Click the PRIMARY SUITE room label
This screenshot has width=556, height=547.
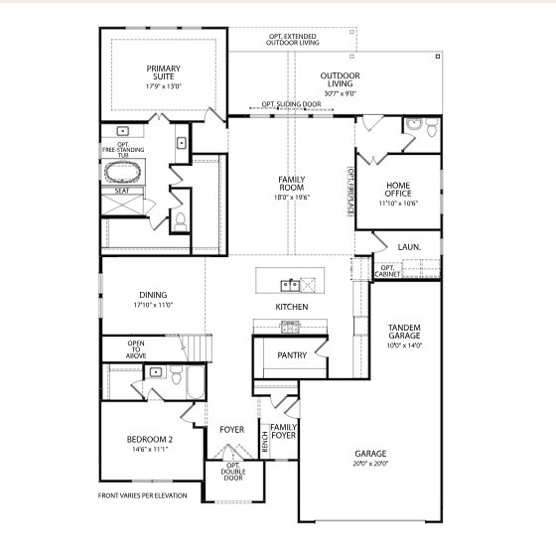pyautogui.click(x=164, y=73)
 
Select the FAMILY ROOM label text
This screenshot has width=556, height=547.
pyautogui.click(x=291, y=184)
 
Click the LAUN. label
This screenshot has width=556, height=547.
pyautogui.click(x=408, y=246)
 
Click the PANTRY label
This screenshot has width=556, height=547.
pyautogui.click(x=292, y=354)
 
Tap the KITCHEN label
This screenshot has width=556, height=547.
pyautogui.click(x=292, y=307)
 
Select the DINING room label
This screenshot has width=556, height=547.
pyautogui.click(x=153, y=295)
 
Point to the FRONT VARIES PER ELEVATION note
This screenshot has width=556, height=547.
pyautogui.click(x=142, y=495)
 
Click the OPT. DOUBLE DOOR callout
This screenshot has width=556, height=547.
pyautogui.click(x=234, y=473)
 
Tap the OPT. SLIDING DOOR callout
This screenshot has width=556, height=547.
pyautogui.click(x=292, y=104)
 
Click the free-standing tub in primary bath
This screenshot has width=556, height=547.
pyautogui.click(x=124, y=171)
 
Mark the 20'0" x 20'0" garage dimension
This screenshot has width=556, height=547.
pyautogui.click(x=370, y=463)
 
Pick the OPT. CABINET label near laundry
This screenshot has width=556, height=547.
pyautogui.click(x=388, y=270)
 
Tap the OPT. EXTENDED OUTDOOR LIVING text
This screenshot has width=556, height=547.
pyautogui.click(x=292, y=40)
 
